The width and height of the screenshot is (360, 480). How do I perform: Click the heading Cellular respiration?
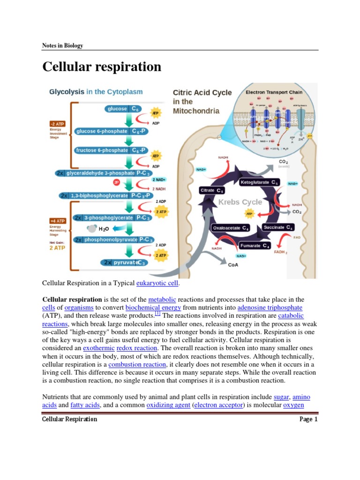click(102, 67)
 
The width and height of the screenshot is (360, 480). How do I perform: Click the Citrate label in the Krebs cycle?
click(212, 190)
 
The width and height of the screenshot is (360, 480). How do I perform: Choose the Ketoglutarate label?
click(260, 182)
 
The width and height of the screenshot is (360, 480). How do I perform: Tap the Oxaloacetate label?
click(231, 228)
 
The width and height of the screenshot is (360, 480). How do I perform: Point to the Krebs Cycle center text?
click(240, 202)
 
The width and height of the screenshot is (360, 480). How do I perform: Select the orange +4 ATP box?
click(56, 220)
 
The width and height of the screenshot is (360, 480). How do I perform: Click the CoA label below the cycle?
click(233, 265)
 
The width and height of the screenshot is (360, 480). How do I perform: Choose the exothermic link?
click(96, 348)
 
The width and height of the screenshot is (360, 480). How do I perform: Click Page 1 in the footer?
click(308, 419)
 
